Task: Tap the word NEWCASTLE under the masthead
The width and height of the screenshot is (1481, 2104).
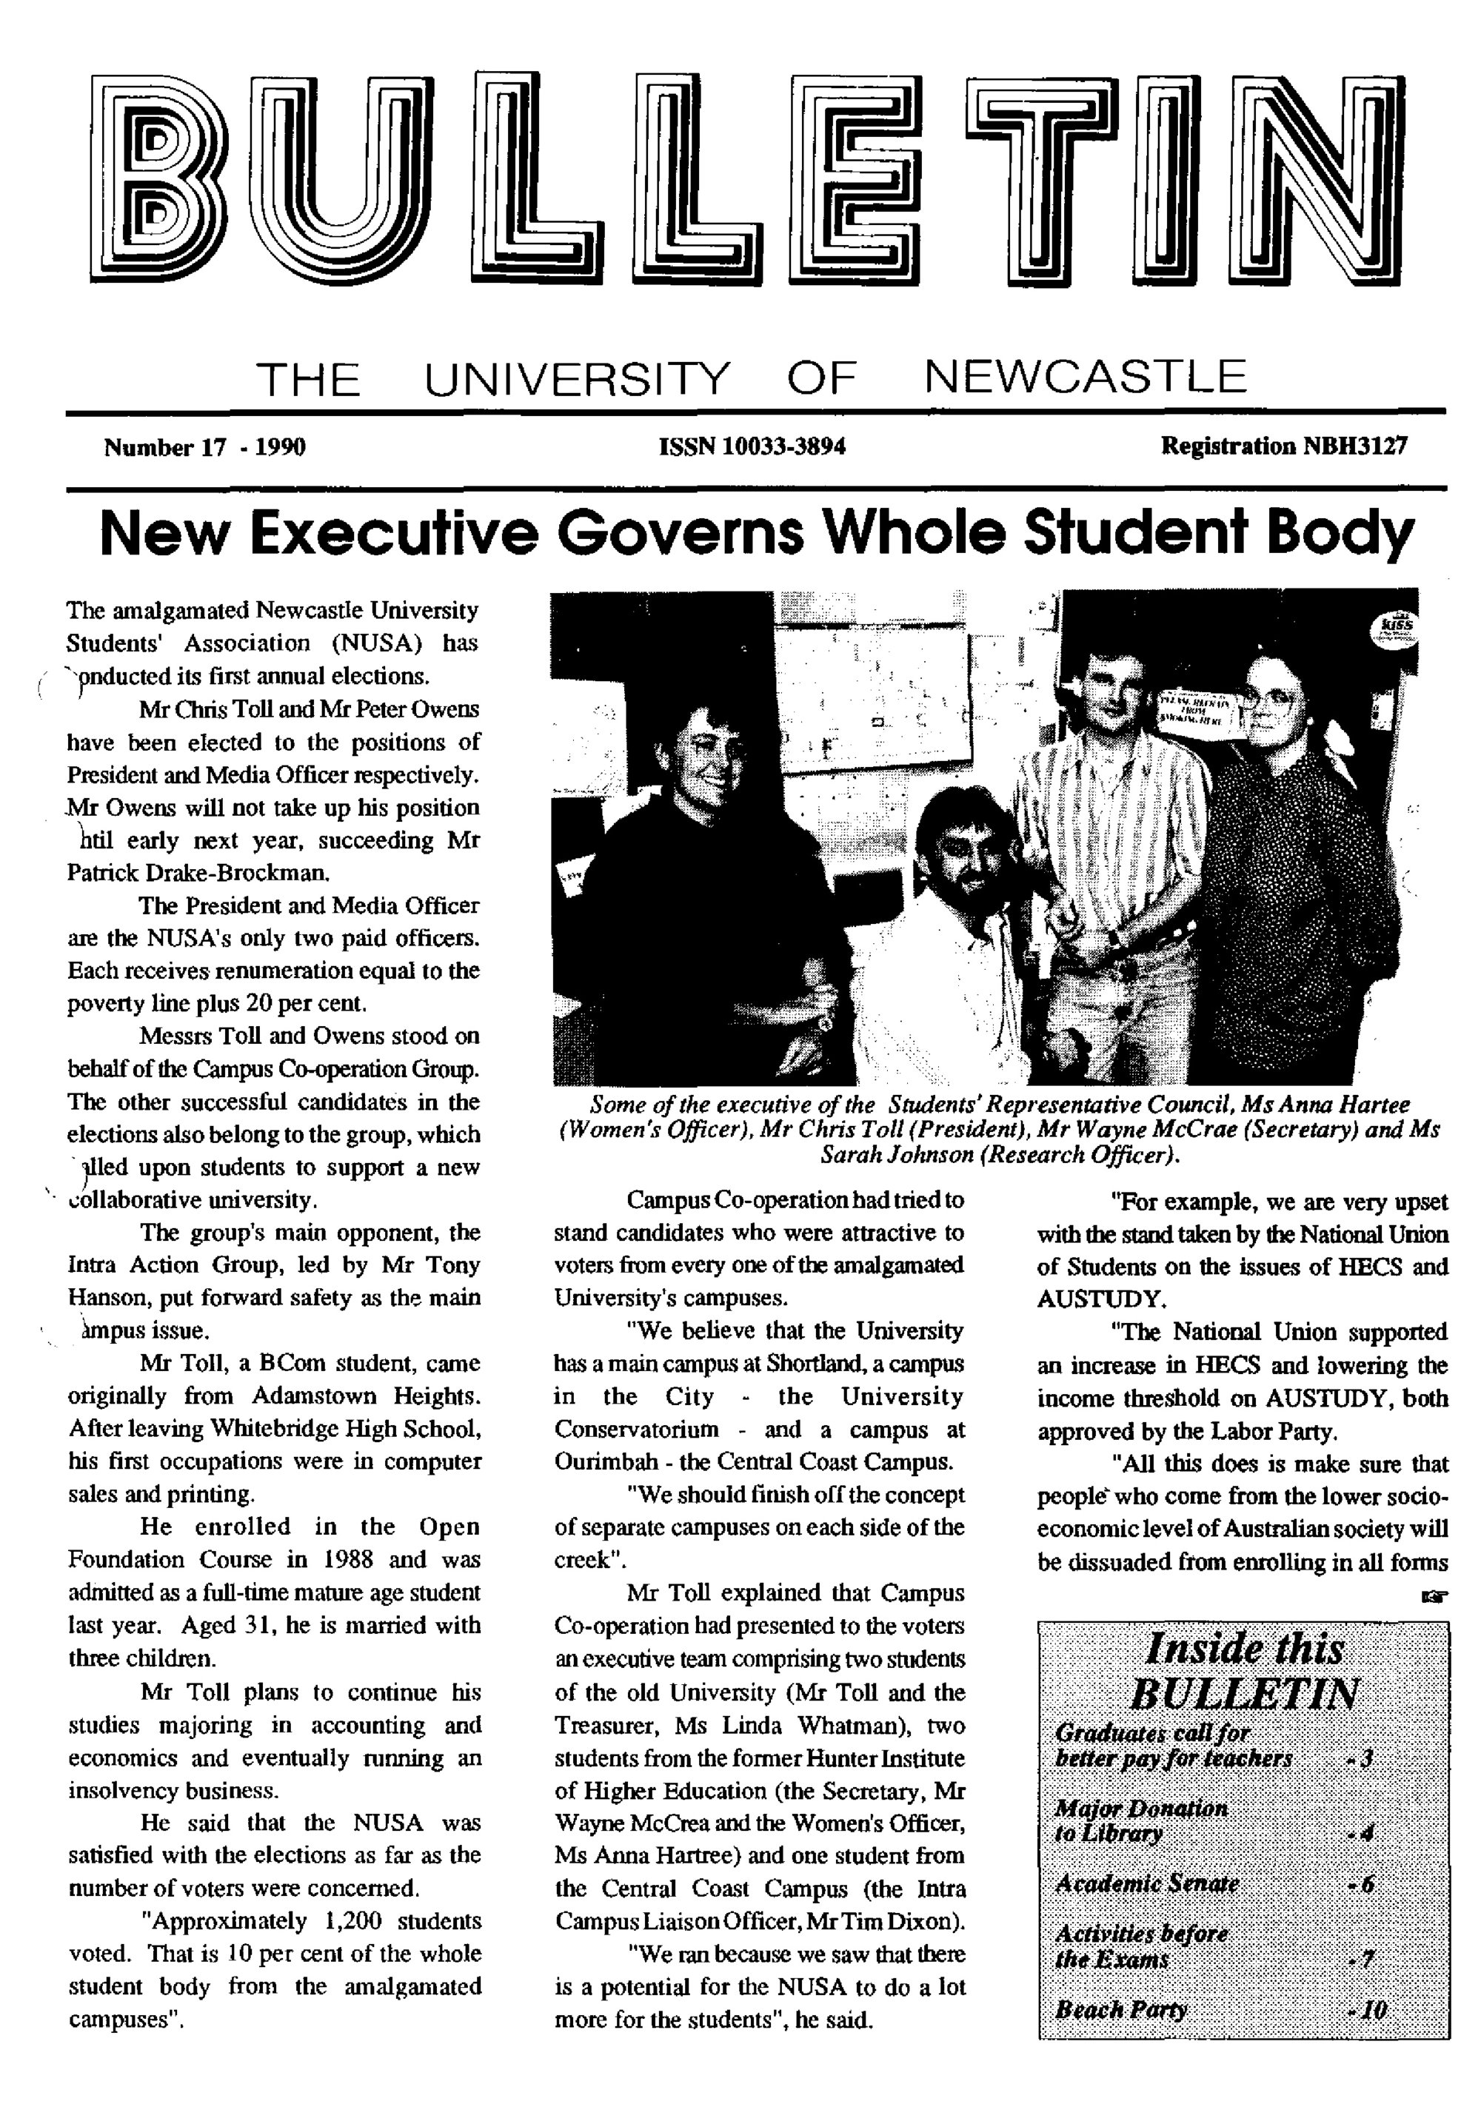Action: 1085,377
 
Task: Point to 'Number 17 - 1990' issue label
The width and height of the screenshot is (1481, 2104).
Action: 204,447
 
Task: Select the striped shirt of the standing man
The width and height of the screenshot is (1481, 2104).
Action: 1116,825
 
